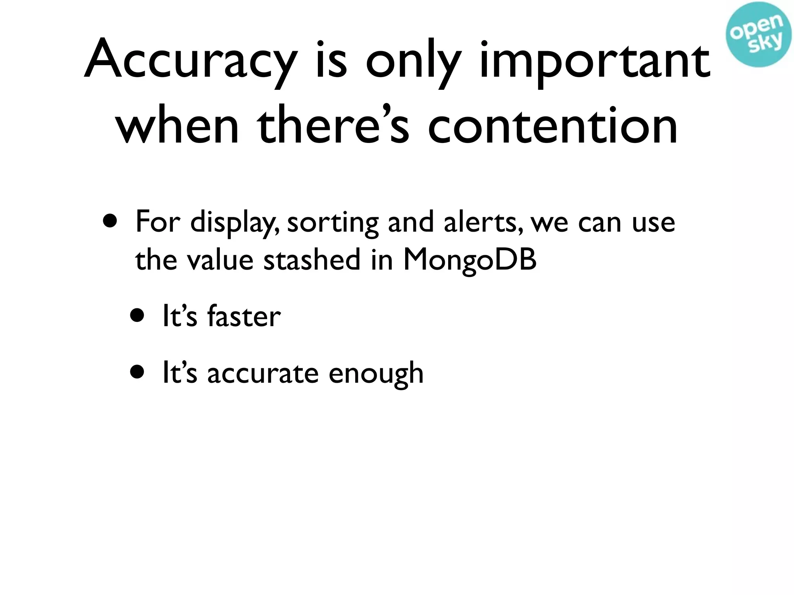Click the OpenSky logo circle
pos(759,34)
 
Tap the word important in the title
pos(595,62)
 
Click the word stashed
pos(312,260)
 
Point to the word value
pos(220,260)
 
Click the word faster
pos(244,316)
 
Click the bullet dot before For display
pos(110,221)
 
